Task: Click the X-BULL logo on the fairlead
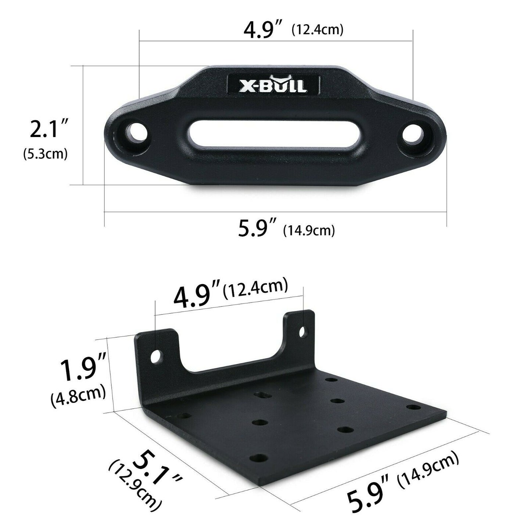tap(273, 85)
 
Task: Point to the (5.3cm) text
tap(46, 154)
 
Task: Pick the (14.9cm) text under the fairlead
tap(309, 230)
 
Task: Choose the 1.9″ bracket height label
tap(83, 369)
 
